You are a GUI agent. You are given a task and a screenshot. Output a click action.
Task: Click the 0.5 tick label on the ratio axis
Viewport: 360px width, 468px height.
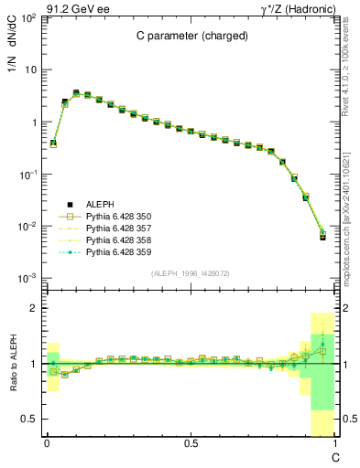point(27,419)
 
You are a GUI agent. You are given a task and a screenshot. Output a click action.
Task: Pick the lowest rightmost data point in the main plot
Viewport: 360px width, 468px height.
point(322,237)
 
